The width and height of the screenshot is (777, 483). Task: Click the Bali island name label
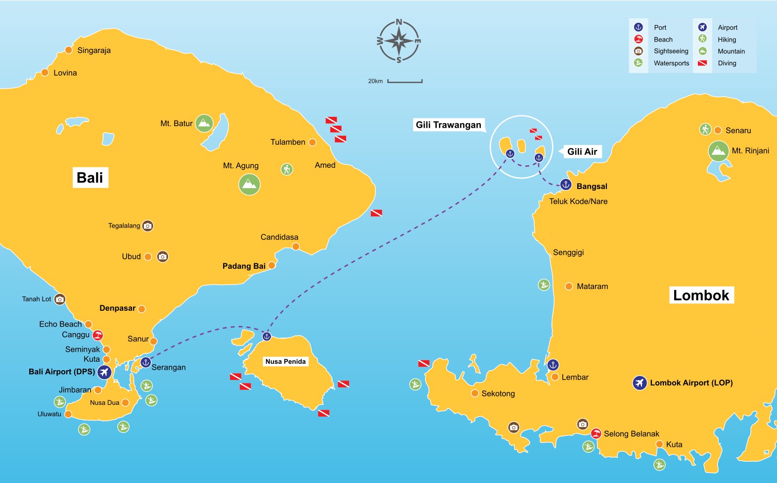(90, 178)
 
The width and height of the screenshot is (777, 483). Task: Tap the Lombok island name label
(701, 295)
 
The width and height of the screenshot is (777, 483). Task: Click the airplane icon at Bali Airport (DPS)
(104, 372)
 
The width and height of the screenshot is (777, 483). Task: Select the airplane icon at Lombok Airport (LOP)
(640, 383)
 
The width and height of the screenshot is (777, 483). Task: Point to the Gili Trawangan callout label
(448, 125)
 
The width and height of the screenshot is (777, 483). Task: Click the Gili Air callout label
(582, 151)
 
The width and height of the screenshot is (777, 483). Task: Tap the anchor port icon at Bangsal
(566, 185)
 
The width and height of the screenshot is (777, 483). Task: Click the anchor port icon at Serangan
(145, 362)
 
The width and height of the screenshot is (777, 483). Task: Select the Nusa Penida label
(285, 362)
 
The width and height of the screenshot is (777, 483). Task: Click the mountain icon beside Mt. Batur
(204, 123)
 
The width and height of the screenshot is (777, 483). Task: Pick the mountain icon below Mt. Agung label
(249, 185)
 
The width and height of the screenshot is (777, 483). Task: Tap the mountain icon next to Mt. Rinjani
(718, 151)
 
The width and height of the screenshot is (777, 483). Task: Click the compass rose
(399, 41)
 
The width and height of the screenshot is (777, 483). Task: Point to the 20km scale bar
(405, 81)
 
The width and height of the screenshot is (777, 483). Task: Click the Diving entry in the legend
(727, 63)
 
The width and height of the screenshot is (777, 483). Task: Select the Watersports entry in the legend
(671, 63)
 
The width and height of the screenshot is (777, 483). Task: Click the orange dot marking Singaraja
(69, 50)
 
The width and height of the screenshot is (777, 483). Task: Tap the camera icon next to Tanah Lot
(59, 299)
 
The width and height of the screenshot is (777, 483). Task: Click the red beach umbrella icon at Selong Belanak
(596, 434)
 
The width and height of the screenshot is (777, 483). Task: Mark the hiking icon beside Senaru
(705, 130)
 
